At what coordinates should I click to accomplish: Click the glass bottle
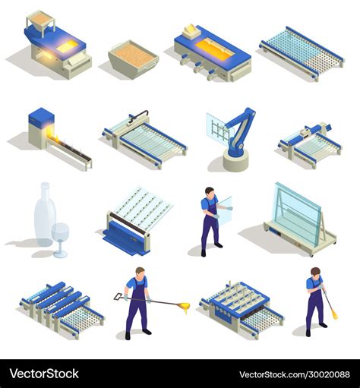[x=45, y=215]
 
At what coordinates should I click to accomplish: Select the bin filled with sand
[x=134, y=59]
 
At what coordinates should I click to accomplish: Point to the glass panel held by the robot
[x=219, y=127]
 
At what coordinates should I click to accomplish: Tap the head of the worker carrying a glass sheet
[x=210, y=192]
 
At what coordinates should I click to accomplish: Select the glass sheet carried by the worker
[x=225, y=210]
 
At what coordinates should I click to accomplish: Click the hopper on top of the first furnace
[x=40, y=22]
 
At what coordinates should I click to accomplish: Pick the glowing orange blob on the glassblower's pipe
[x=335, y=315]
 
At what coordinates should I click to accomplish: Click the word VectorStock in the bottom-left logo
[x=44, y=374]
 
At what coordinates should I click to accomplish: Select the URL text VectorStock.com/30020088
[x=295, y=374]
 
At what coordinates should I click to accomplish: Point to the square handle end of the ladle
[x=118, y=296]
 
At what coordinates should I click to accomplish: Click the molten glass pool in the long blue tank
[x=215, y=48]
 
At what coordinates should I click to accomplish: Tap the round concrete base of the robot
[x=235, y=160]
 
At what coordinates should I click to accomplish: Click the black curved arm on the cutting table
[x=138, y=115]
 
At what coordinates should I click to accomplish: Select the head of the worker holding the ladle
[x=140, y=273]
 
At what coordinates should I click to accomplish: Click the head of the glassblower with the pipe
[x=316, y=273]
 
